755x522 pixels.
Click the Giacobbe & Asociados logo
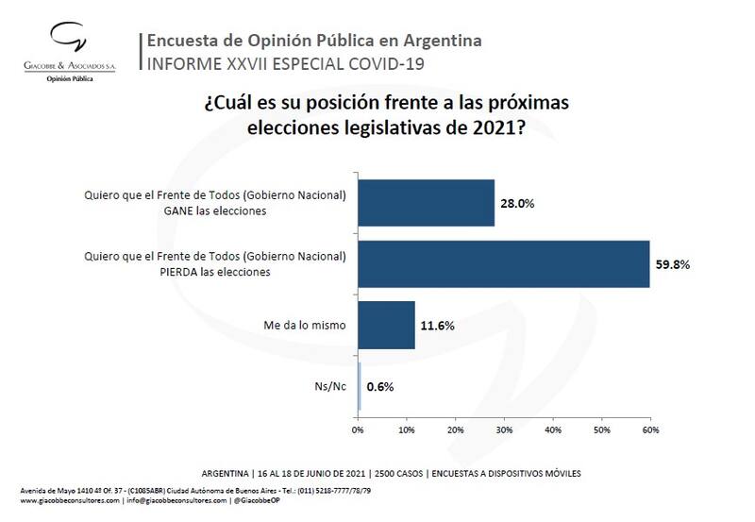(x=67, y=42)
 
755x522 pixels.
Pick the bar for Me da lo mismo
(x=387, y=326)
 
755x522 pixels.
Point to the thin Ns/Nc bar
(x=360, y=387)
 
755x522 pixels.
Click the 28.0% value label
(x=518, y=203)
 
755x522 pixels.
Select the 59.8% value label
(x=673, y=264)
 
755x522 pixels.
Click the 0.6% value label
(x=381, y=387)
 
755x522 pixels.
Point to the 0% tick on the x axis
(x=358, y=429)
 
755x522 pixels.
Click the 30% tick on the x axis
(x=504, y=429)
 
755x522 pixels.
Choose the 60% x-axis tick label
(x=650, y=429)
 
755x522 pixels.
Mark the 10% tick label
(x=407, y=429)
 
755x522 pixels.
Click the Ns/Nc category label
(x=330, y=387)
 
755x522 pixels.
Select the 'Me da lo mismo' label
(x=304, y=326)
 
